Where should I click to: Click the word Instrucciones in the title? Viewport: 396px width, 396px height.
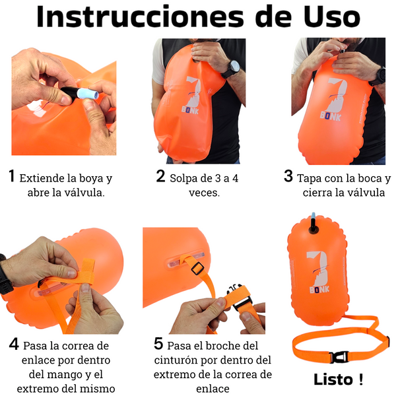pos(140,16)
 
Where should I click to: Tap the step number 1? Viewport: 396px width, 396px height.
pos(11,176)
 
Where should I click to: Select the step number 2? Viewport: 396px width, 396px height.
pos(160,176)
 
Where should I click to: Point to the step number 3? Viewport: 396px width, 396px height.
pos(288,176)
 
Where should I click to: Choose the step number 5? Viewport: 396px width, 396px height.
pos(158,343)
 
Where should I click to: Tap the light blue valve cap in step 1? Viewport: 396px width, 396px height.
pos(88,94)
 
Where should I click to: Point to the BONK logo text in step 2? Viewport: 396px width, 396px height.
pos(190,110)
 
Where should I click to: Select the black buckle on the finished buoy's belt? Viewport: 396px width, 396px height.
pos(339,357)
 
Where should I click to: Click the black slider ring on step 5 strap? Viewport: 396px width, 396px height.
pos(197,268)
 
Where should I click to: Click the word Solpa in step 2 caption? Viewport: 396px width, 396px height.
pos(183,179)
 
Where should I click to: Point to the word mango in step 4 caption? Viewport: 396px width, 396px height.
pos(70,375)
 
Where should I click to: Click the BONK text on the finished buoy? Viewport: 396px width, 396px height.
pos(319,290)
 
